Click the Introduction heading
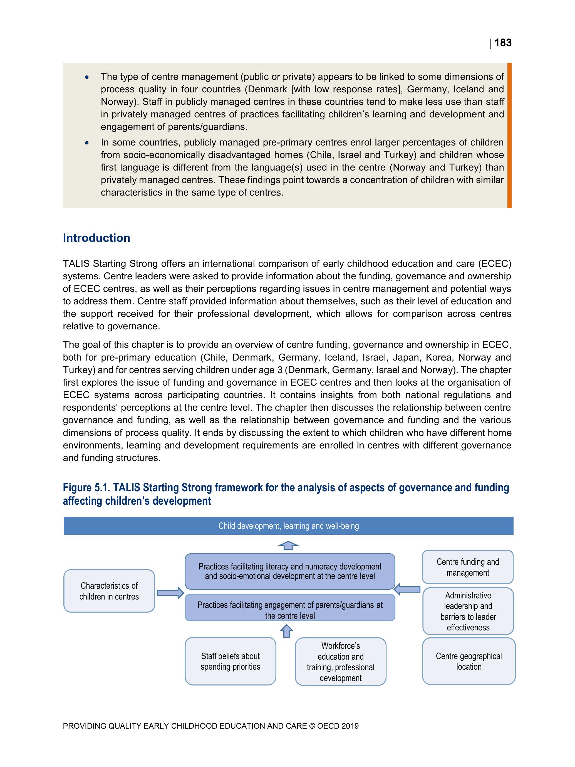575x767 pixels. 96,238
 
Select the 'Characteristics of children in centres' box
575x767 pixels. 109,591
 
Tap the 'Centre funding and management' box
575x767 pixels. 468,567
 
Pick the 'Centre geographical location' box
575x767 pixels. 469,661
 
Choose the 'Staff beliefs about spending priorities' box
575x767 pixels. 230,661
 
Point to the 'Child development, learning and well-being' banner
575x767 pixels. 288,526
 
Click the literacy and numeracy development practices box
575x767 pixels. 290,571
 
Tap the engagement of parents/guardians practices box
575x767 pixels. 290,610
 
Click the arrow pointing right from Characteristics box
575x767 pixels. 170,593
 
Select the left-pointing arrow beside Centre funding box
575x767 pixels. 408,589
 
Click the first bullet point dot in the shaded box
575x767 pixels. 87,77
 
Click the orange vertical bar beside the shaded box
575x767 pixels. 509,135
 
